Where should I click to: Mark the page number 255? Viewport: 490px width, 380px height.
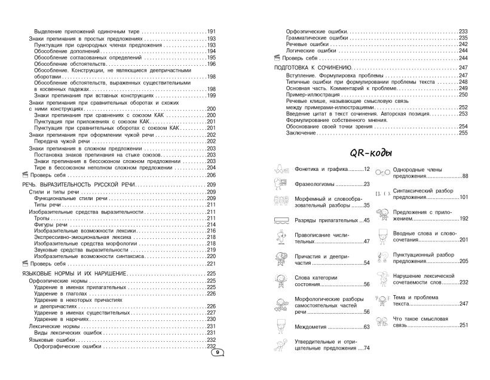462,133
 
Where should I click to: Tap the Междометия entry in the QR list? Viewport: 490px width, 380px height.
313,326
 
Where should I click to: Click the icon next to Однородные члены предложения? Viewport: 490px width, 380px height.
383,171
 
